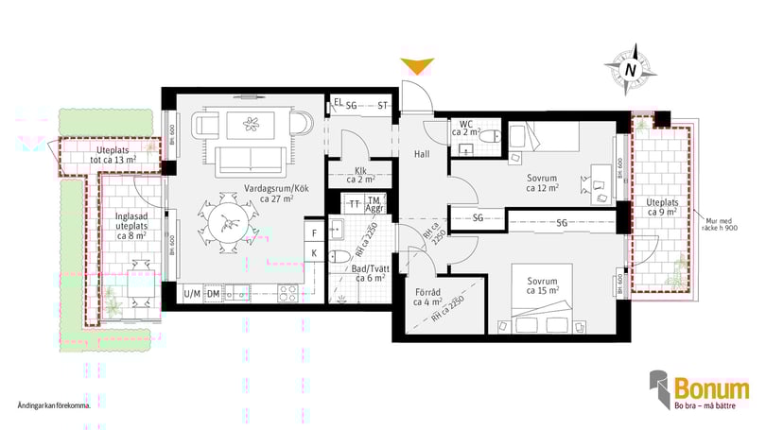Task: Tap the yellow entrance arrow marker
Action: pos(416,66)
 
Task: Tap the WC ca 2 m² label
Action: pos(468,129)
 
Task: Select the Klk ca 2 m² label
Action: pos(356,175)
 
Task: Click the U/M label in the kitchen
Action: pos(192,293)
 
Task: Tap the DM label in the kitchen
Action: pos(214,293)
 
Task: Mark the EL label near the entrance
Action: pos(338,104)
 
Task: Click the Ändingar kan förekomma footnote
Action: pos(54,405)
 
